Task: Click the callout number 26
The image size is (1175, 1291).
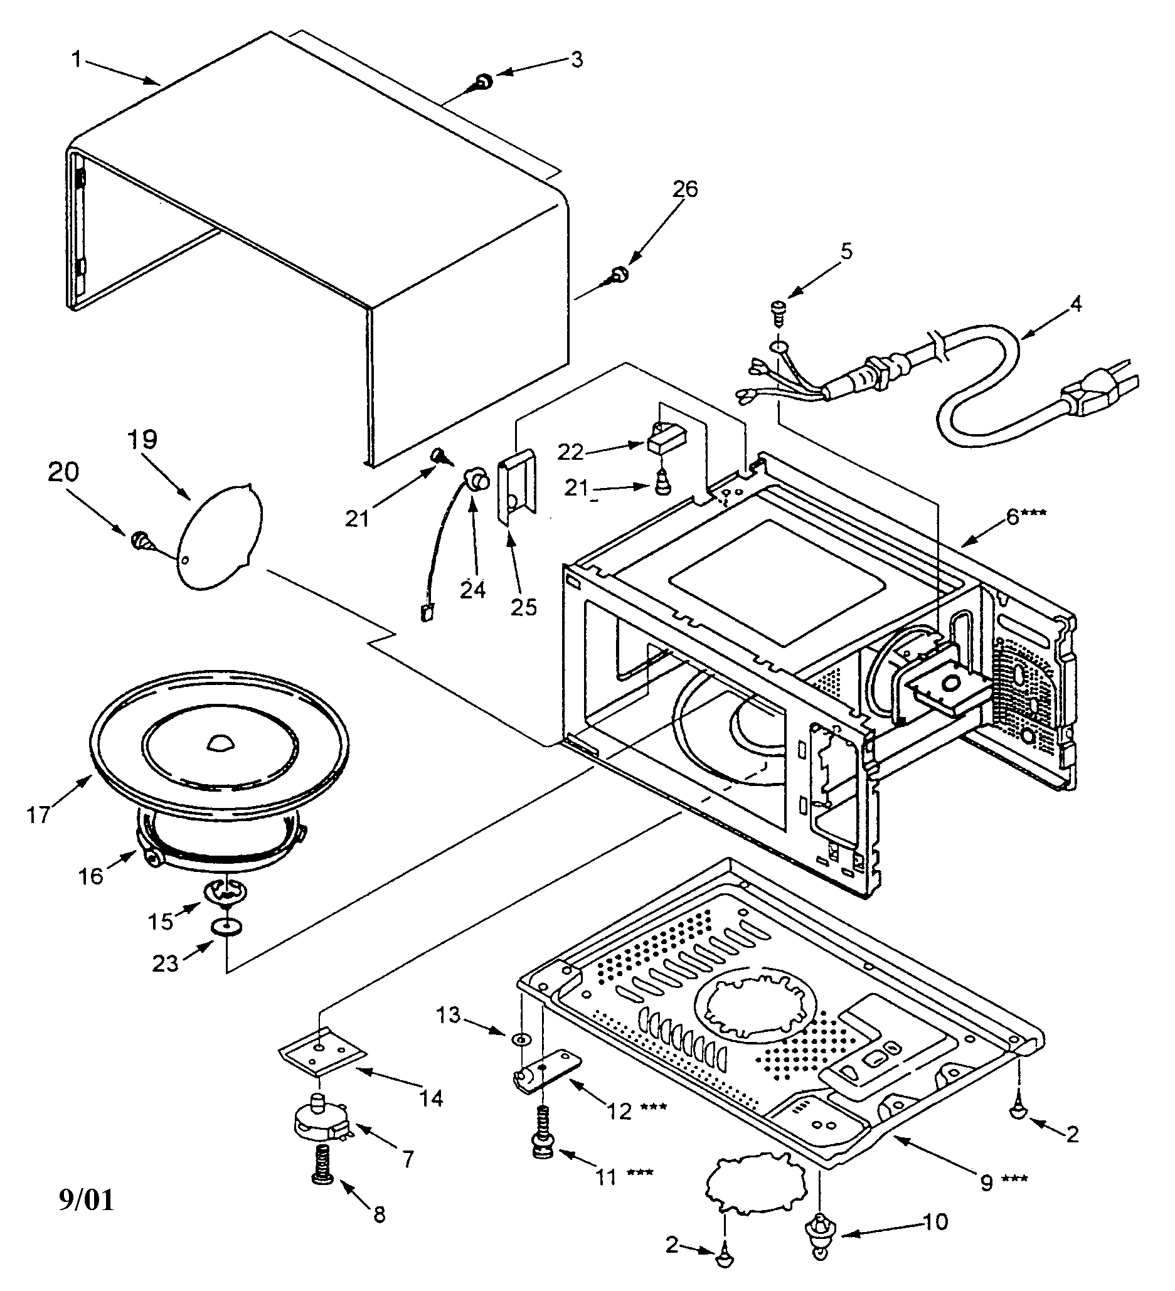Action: click(684, 189)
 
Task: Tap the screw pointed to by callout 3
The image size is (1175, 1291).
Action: click(484, 82)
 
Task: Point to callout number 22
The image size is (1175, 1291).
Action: click(570, 452)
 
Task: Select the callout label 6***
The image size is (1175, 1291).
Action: click(1026, 516)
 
